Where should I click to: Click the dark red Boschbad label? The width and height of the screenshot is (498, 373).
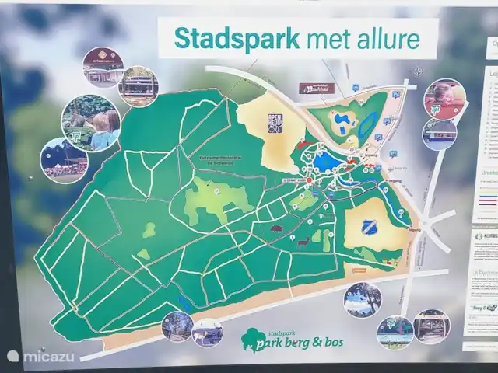[x=317, y=88]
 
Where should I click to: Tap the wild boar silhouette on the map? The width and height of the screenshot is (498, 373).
[x=276, y=228]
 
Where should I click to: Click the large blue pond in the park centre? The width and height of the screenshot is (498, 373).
[x=327, y=162]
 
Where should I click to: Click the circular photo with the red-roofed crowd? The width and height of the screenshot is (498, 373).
[x=64, y=160]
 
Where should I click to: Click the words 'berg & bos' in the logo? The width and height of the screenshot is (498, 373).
[x=321, y=342]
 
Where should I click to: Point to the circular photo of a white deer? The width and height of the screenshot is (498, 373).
[x=207, y=333]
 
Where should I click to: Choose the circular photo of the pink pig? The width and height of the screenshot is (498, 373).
[x=444, y=99]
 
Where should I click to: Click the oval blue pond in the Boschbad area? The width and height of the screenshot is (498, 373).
[x=342, y=120]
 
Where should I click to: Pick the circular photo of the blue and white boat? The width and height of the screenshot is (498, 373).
[x=440, y=135]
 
